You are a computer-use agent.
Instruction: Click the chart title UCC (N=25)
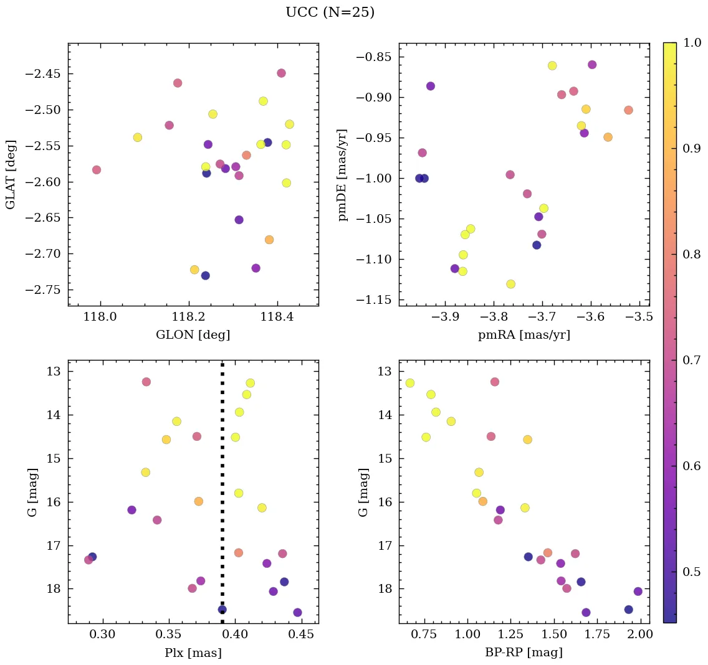330,12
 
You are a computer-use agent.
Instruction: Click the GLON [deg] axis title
193,335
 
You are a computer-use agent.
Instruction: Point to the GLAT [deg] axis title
11,174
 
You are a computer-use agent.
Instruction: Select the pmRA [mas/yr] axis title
524,335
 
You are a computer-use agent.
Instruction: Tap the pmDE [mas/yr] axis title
342,174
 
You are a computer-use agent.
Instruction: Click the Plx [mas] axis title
193,653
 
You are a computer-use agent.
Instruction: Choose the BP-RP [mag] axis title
524,653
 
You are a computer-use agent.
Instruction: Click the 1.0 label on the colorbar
692,42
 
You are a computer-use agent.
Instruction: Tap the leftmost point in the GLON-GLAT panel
97,169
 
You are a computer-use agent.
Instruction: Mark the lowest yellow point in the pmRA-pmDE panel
510,284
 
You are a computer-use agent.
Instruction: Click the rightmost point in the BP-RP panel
638,592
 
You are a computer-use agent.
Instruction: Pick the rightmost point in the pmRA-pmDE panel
628,110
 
